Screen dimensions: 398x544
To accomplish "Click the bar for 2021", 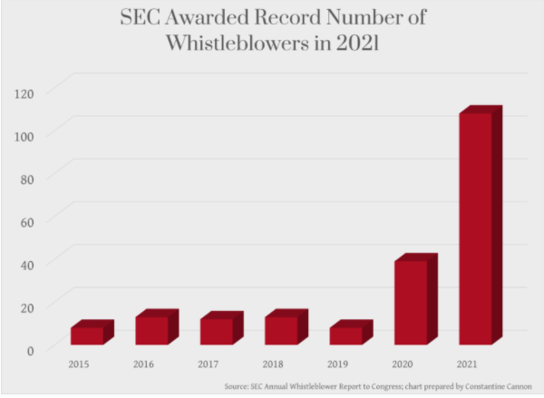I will point(475,228).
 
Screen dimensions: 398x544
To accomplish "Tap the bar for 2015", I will point(87,335).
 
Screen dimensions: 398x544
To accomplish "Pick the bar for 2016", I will point(151,330).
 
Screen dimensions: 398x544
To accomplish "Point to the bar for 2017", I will point(217,331).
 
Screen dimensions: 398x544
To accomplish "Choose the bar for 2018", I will point(281,330).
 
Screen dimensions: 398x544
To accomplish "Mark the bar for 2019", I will point(346,335).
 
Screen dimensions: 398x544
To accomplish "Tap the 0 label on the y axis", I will point(31,349).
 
